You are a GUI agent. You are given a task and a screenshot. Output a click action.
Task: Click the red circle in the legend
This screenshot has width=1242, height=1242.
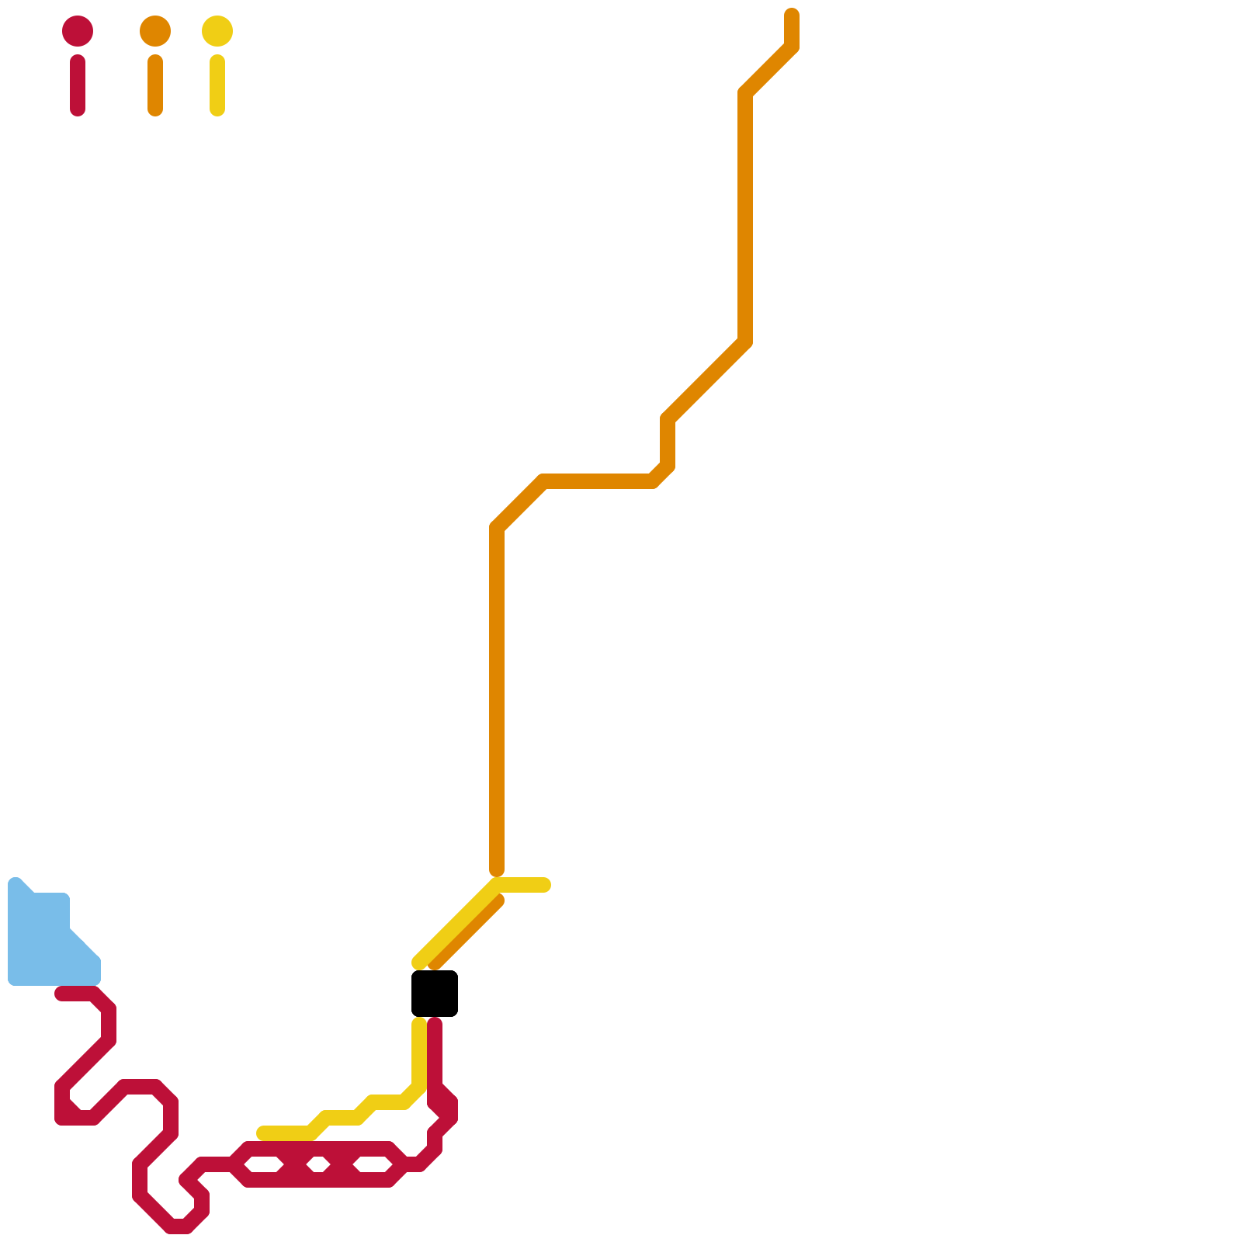tap(78, 31)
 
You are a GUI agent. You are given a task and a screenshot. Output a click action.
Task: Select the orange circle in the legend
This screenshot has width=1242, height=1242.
tap(155, 31)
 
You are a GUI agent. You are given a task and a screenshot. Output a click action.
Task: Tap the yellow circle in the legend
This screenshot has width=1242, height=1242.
tap(217, 31)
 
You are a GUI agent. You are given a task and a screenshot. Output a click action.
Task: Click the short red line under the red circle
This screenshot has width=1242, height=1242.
tap(78, 85)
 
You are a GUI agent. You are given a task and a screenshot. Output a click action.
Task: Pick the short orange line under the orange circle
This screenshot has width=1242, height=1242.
tap(155, 85)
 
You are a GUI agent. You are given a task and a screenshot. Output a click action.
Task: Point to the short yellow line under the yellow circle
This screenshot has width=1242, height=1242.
tap(217, 85)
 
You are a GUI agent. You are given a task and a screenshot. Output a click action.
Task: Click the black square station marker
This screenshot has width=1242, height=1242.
tap(435, 993)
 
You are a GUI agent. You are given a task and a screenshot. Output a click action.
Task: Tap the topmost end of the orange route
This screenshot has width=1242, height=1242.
tap(792, 16)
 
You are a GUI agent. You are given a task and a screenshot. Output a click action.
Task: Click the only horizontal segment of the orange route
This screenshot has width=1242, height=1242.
tap(598, 481)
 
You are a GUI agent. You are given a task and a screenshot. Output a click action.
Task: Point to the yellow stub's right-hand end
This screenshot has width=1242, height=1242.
tap(545, 885)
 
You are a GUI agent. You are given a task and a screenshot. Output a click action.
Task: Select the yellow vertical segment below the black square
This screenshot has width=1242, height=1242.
tap(419, 1056)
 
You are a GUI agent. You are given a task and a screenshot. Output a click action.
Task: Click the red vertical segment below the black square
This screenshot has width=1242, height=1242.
tap(435, 1056)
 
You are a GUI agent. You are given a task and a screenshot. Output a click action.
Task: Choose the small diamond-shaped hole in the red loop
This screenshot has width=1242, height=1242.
tap(318, 1164)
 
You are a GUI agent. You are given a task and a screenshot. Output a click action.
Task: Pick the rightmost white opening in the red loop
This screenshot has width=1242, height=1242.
tap(373, 1164)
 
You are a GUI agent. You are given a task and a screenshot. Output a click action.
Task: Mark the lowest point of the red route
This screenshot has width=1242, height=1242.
tap(179, 1227)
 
